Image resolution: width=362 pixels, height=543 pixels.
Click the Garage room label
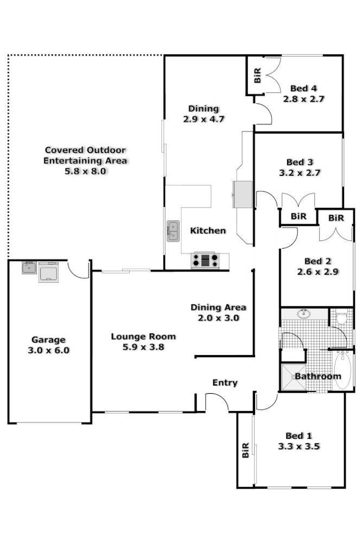pos(48,340)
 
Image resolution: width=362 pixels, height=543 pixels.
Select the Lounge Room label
pos(143,336)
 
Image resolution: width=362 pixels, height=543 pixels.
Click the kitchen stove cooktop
pos(205,261)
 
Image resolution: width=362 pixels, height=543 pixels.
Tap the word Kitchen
pos(208,231)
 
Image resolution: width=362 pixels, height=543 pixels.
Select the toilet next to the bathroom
pos(341,318)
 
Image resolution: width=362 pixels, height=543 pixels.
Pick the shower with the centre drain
pos(293,376)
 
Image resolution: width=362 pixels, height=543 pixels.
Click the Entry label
pos(225,383)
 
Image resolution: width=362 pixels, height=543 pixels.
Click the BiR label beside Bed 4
pos(257,75)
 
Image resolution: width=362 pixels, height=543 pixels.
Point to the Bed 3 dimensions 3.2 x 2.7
pos(300,173)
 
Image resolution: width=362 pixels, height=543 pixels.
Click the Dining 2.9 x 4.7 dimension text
pos(204,119)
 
